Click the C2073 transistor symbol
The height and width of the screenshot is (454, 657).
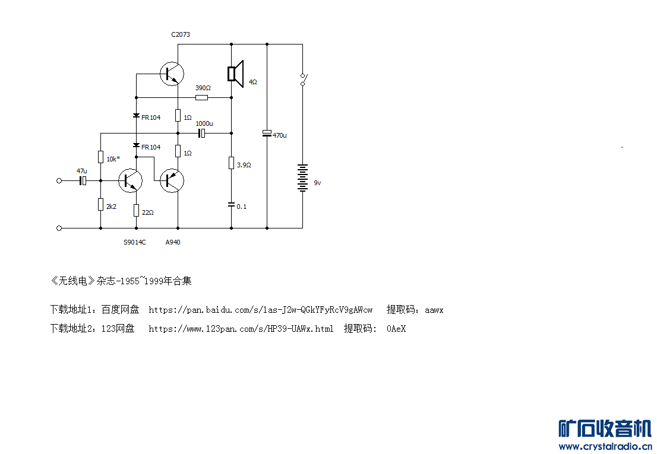click(x=172, y=74)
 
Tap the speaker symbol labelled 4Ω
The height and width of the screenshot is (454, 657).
click(x=236, y=74)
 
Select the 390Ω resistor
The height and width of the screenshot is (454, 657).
click(x=201, y=98)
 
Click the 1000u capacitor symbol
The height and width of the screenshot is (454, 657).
click(x=202, y=134)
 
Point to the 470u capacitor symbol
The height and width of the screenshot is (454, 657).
click(x=267, y=134)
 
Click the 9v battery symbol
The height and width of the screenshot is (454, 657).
click(x=302, y=178)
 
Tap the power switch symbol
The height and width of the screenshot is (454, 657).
click(x=304, y=80)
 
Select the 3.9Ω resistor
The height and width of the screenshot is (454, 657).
click(x=231, y=163)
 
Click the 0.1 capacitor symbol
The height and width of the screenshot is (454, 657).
click(x=231, y=205)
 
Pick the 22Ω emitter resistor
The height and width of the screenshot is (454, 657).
click(x=136, y=211)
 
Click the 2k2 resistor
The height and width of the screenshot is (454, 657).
click(x=100, y=205)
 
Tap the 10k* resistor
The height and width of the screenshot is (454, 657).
click(x=100, y=157)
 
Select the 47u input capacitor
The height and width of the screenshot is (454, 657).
click(x=83, y=181)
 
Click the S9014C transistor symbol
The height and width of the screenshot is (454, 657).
click(x=130, y=181)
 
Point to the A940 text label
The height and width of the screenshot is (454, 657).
click(x=173, y=242)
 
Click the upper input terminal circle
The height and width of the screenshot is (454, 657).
click(x=59, y=181)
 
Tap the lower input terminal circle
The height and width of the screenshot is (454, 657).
click(x=59, y=228)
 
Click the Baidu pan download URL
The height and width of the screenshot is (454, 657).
click(x=261, y=310)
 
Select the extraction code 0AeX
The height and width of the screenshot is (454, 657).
click(x=396, y=329)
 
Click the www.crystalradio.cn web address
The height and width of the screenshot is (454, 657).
click(x=605, y=446)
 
